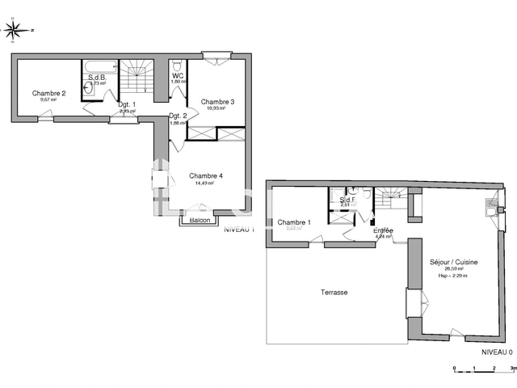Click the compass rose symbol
click(14, 31)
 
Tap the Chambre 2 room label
click(48, 93)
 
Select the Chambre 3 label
click(217, 101)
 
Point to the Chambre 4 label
click(207, 175)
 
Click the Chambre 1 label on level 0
click(293, 221)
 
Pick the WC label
click(178, 75)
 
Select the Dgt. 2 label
click(178, 116)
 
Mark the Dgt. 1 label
click(127, 104)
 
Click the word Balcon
click(200, 220)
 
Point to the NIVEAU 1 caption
click(239, 230)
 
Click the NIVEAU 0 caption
click(497, 352)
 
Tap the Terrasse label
click(332, 292)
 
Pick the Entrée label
click(382, 230)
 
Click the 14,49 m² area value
click(206, 183)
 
